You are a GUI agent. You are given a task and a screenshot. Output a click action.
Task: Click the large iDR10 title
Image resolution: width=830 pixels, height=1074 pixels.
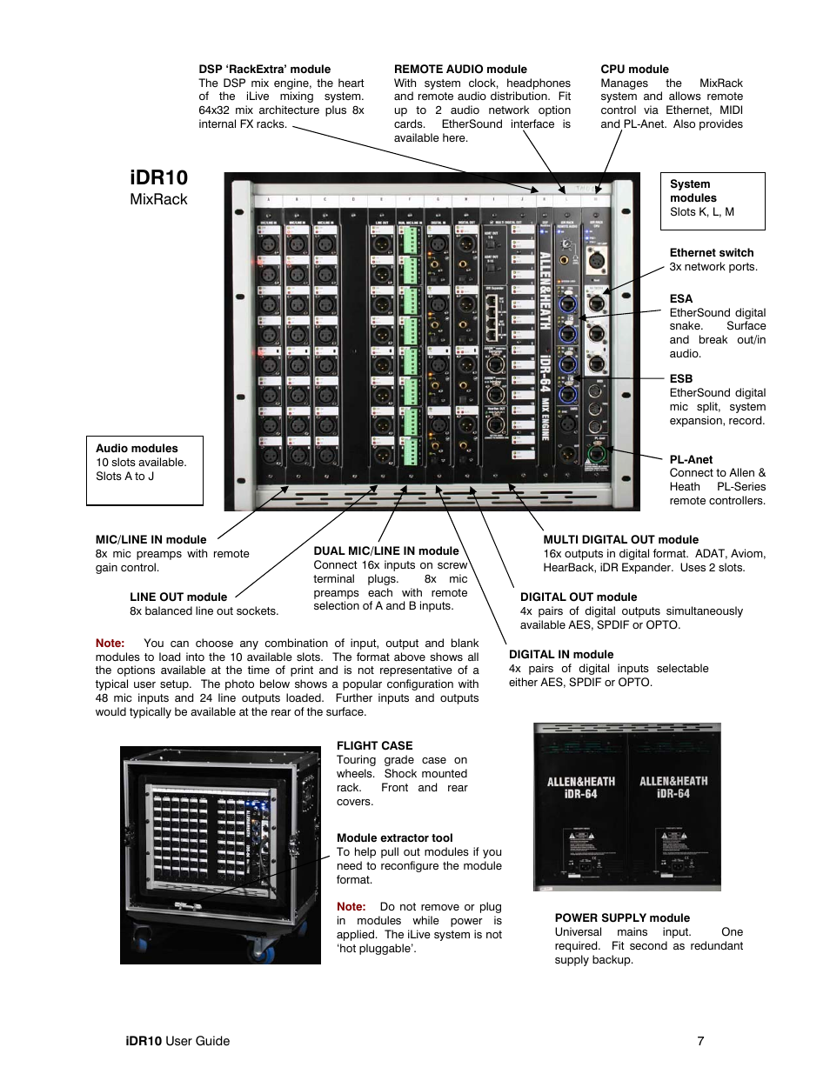tap(158, 177)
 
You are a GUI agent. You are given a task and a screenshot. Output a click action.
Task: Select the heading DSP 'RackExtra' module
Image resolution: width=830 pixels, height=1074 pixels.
tap(264, 70)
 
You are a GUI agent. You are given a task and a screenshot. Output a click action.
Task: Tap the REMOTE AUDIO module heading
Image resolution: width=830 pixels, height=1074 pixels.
tap(460, 70)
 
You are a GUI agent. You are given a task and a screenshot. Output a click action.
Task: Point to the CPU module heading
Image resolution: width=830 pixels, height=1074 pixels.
tap(634, 70)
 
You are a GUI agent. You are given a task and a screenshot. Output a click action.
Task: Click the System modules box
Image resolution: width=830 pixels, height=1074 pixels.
tap(712, 200)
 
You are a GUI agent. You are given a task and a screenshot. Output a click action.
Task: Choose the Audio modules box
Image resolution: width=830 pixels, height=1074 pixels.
tap(144, 470)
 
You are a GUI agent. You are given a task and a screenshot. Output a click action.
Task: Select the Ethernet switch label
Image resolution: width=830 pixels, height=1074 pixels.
tap(712, 253)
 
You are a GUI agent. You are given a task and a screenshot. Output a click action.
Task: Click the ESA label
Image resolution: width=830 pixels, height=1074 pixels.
tap(680, 299)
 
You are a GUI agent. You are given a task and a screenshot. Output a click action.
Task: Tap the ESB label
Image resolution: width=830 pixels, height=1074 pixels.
tap(680, 379)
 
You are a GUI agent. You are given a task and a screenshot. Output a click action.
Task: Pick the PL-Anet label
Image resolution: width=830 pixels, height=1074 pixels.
tap(691, 460)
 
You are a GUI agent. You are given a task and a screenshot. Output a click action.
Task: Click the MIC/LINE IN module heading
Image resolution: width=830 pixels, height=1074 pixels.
tap(151, 540)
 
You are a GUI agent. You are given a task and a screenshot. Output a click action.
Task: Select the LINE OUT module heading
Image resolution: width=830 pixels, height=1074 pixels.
tap(178, 597)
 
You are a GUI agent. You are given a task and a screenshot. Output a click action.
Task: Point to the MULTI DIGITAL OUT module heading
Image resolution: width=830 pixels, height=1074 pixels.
tap(620, 540)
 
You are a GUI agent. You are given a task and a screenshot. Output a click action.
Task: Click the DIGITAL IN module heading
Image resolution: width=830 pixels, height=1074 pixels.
tap(561, 655)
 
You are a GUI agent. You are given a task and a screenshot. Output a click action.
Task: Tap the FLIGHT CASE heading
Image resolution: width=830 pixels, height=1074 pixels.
tap(374, 746)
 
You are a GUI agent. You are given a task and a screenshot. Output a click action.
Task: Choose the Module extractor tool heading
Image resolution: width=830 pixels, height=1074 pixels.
tap(395, 838)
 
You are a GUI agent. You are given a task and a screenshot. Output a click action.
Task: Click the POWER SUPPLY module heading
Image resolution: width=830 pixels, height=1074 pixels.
tap(622, 918)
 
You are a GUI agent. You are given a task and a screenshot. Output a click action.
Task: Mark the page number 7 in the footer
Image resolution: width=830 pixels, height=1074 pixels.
tap(700, 1041)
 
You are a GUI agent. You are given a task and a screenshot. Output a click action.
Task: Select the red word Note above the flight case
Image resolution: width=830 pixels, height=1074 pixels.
tap(110, 644)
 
